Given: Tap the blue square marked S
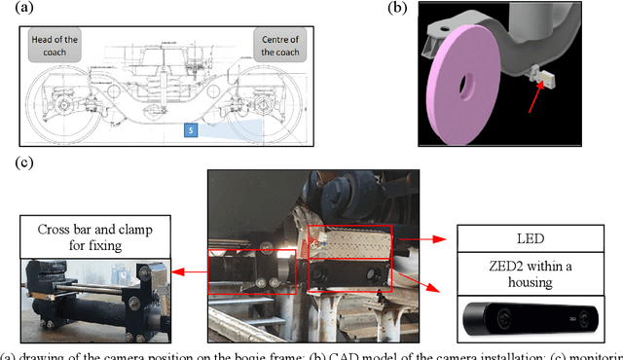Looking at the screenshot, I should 192,129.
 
